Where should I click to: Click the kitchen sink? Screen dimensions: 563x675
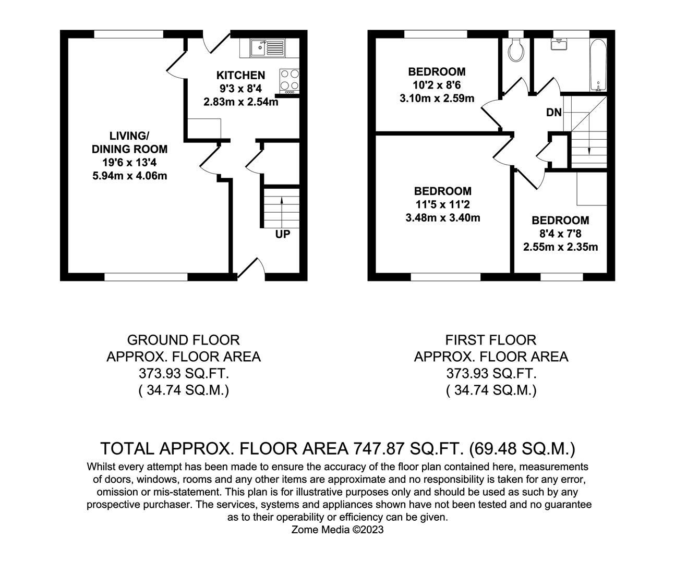[267, 48]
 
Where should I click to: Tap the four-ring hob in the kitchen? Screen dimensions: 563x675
[290, 81]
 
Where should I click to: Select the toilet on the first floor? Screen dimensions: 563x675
[516, 50]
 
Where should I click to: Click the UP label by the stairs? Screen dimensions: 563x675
[282, 235]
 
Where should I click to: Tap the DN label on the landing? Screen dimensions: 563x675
[553, 112]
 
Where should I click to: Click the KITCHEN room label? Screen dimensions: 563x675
[240, 76]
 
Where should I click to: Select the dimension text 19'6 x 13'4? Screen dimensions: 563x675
[129, 163]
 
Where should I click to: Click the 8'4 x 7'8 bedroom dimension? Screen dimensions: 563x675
[560, 234]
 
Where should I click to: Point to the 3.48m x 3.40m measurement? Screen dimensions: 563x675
[442, 218]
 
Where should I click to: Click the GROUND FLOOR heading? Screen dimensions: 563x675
[183, 340]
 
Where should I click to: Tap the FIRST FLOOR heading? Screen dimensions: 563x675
[490, 340]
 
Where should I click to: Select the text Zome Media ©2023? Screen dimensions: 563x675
[337, 530]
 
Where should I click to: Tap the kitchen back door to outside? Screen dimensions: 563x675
[216, 42]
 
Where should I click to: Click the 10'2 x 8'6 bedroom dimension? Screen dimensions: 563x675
[437, 85]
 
